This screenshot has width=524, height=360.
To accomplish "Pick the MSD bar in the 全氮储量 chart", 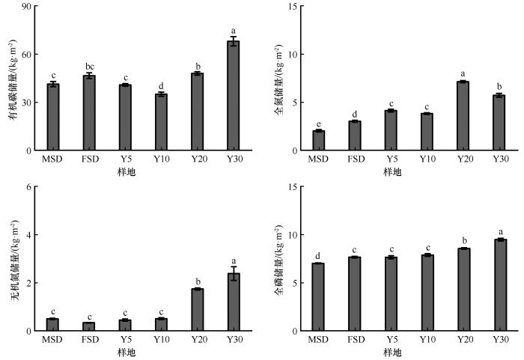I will click(318, 141).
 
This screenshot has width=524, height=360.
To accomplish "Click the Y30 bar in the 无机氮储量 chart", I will click(234, 302).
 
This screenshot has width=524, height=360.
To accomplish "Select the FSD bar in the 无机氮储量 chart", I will click(89, 326).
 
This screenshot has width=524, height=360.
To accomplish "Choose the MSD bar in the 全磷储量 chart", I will click(318, 297).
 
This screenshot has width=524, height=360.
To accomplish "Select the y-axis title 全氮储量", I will click(278, 79).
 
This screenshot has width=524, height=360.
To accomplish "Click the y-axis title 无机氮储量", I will click(14, 258).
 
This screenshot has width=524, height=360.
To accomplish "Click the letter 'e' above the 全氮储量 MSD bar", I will click(318, 123).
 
